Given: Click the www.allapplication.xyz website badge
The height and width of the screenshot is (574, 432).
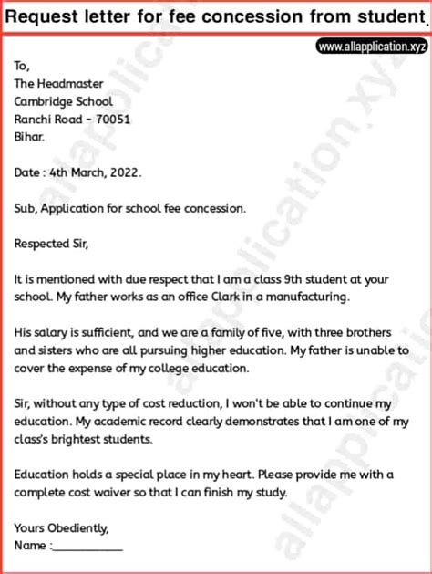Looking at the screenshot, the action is [371, 46].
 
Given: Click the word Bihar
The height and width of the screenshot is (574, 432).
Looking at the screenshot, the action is [29, 137].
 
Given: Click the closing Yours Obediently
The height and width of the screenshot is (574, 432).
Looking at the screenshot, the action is [62, 528].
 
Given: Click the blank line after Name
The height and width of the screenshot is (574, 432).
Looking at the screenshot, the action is [88, 547].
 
